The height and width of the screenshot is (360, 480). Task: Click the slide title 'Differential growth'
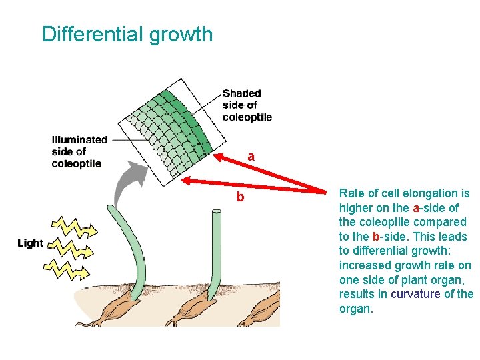coord(127,34)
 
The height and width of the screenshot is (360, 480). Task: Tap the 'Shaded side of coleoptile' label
coord(247,105)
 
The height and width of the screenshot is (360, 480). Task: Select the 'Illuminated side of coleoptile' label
coord(79,151)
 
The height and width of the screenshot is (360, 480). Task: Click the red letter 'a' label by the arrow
coord(251,157)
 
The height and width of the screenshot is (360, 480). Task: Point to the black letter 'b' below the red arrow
coord(240,197)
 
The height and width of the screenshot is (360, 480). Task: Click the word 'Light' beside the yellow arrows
coord(30,243)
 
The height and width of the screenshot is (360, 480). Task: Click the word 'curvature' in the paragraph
coord(415,295)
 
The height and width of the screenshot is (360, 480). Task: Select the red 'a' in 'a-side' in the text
coord(415,208)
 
